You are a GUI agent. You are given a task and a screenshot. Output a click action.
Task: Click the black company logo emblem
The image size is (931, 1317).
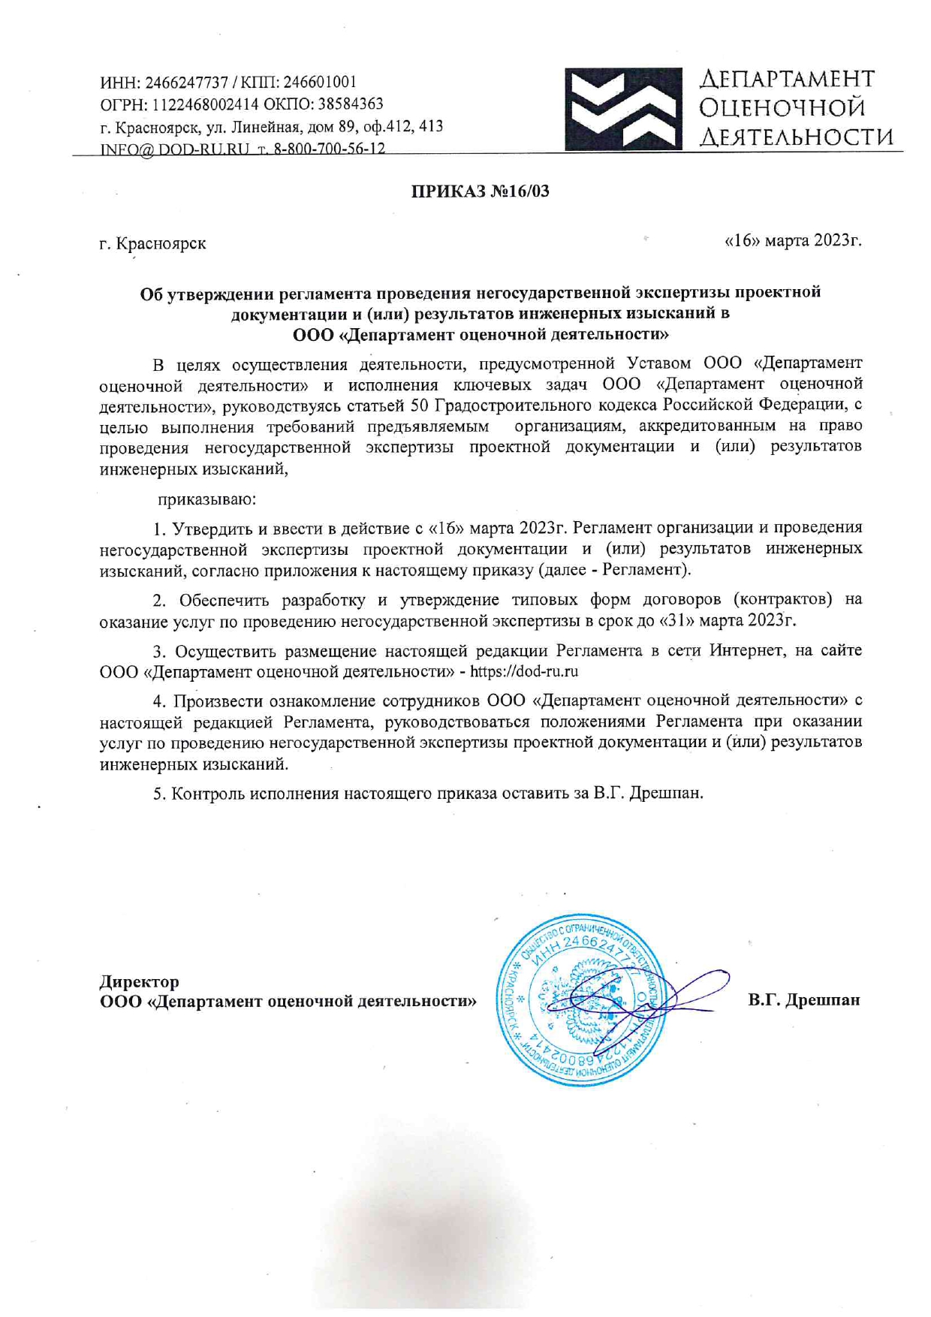(x=622, y=110)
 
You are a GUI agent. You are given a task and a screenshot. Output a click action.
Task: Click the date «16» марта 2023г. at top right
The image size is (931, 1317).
(x=792, y=240)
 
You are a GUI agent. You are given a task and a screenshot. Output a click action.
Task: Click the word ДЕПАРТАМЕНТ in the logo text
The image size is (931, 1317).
(x=787, y=79)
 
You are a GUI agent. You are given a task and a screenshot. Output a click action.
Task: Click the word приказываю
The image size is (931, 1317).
(x=206, y=499)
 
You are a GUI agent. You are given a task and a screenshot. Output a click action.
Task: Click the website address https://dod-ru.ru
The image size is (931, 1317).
(x=523, y=671)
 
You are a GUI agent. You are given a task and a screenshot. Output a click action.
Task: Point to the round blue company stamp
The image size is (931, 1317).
(x=582, y=999)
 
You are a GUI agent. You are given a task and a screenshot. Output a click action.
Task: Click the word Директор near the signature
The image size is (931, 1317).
(x=140, y=981)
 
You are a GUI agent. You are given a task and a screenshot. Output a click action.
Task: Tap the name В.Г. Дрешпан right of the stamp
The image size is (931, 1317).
(x=803, y=1000)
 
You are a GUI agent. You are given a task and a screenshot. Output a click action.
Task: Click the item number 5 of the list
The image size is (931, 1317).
(x=158, y=794)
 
